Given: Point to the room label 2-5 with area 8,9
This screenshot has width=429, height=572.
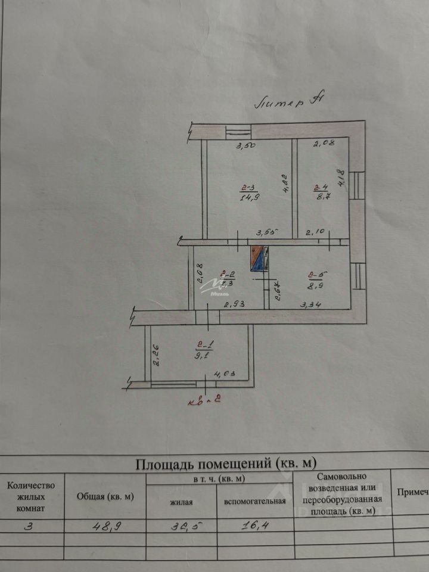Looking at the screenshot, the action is coord(316,279).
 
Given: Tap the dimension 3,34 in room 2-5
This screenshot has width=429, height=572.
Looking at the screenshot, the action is coord(310,305).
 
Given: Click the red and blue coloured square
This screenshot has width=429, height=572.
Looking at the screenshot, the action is coord(260,259).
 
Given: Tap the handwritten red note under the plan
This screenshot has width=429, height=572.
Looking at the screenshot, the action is coord(206,400).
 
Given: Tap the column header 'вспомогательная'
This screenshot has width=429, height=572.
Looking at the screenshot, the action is coord(255,501).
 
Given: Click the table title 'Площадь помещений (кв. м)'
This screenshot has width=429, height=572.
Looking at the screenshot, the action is coord(226,463).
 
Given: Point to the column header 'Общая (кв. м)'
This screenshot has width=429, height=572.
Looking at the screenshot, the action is coord(105,496).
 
